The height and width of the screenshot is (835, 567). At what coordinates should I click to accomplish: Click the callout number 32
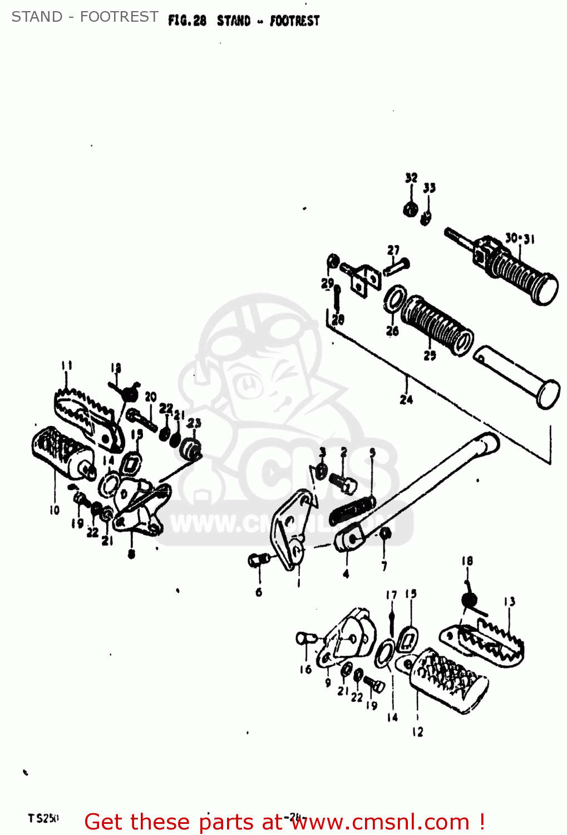pyautogui.click(x=411, y=178)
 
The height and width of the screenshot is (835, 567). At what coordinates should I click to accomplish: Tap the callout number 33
pyautogui.click(x=429, y=188)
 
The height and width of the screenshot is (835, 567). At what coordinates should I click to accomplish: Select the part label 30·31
pyautogui.click(x=519, y=239)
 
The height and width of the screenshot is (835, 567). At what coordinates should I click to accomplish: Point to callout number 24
pyautogui.click(x=406, y=399)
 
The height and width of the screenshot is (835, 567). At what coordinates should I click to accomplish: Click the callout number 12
pyautogui.click(x=417, y=732)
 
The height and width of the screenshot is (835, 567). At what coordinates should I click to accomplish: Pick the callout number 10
pyautogui.click(x=54, y=510)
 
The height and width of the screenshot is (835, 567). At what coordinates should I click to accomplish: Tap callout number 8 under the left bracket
pyautogui.click(x=131, y=554)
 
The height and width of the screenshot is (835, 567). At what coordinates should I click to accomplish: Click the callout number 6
pyautogui.click(x=259, y=592)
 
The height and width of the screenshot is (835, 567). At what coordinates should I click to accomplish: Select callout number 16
pyautogui.click(x=305, y=670)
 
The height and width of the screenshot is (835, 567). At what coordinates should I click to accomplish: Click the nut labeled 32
pyautogui.click(x=410, y=210)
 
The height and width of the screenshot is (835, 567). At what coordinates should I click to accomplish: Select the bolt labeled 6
pyautogui.click(x=255, y=560)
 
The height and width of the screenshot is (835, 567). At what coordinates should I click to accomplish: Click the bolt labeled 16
pyautogui.click(x=306, y=638)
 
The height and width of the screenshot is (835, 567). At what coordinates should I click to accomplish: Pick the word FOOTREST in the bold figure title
pyautogui.click(x=294, y=21)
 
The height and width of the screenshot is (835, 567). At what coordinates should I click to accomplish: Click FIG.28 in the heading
pyautogui.click(x=187, y=21)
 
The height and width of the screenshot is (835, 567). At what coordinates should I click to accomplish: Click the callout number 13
pyautogui.click(x=509, y=601)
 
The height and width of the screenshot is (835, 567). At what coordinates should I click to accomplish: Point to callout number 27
pyautogui.click(x=393, y=250)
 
